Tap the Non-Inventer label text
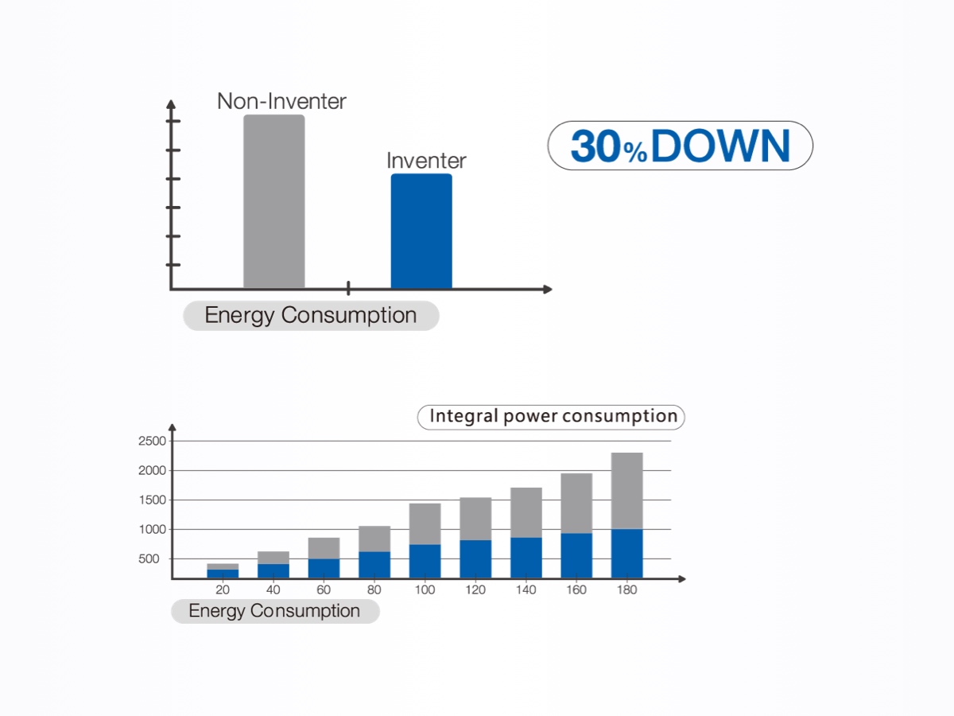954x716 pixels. click(281, 102)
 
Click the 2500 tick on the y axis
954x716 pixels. click(152, 442)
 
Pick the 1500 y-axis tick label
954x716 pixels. click(152, 500)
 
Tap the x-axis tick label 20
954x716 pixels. click(223, 590)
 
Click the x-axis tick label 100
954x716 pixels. click(425, 590)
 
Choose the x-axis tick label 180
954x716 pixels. click(626, 590)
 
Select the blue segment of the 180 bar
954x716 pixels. click(626, 554)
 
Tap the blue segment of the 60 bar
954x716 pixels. click(324, 568)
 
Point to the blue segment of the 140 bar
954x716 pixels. click(525, 558)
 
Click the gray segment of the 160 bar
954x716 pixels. click(576, 503)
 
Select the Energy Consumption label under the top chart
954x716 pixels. click(311, 316)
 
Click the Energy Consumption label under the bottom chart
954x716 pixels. click(274, 611)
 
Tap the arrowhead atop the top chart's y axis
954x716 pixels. click(170, 105)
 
